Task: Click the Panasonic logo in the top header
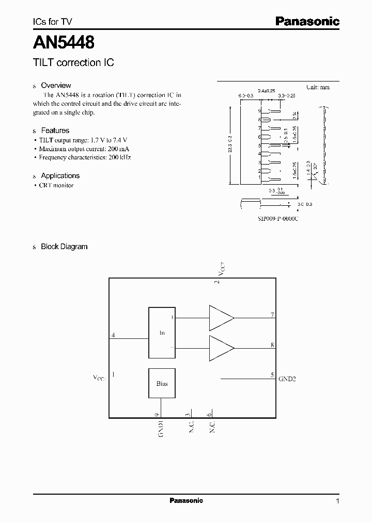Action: click(307, 22)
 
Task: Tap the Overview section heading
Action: click(56, 85)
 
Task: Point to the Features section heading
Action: click(55, 130)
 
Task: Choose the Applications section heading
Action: click(60, 175)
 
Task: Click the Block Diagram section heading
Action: click(64, 247)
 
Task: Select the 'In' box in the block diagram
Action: click(162, 333)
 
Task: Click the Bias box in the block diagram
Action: click(162, 383)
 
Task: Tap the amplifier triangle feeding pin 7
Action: click(221, 317)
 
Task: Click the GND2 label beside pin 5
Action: click(287, 379)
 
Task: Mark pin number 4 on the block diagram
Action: click(113, 335)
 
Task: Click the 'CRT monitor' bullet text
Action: click(56, 185)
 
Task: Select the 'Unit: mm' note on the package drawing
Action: click(317, 87)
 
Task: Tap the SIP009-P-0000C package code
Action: click(278, 219)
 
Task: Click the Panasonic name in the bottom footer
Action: click(186, 501)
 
